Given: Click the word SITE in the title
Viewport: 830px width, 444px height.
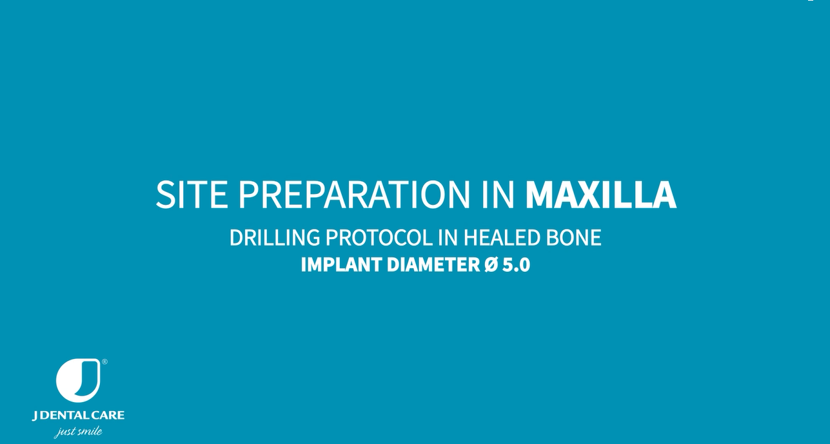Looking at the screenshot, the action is pyautogui.click(x=192, y=195).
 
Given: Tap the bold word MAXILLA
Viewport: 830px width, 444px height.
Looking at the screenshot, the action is pyautogui.click(x=600, y=195).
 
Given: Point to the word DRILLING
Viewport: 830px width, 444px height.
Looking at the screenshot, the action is pyautogui.click(x=275, y=237).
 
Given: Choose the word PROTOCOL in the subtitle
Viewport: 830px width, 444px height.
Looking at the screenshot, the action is pyautogui.click(x=379, y=237).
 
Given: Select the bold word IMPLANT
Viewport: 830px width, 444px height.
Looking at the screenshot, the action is pyautogui.click(x=341, y=265).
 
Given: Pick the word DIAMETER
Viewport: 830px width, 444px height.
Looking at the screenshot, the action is pyautogui.click(x=433, y=265).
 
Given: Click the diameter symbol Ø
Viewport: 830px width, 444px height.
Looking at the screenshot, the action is pyautogui.click(x=491, y=265).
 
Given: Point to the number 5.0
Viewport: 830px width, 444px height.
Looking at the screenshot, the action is pyautogui.click(x=516, y=265).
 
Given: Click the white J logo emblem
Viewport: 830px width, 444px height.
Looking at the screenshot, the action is pyautogui.click(x=78, y=380).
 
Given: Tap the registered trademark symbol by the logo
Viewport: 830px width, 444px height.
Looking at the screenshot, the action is pyautogui.click(x=104, y=362).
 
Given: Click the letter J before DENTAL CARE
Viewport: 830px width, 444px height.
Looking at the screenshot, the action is pyautogui.click(x=35, y=416).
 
